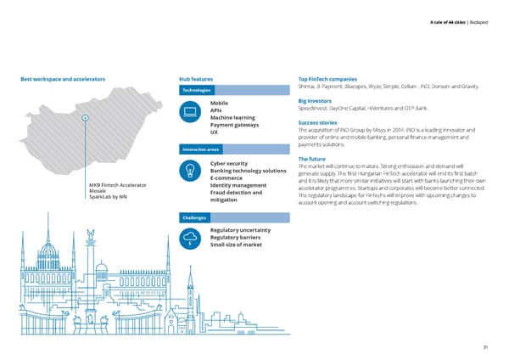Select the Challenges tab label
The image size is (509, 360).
click(x=195, y=218)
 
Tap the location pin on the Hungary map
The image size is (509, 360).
click(x=86, y=118)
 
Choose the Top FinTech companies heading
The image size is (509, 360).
click(x=332, y=80)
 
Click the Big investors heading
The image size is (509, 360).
click(x=315, y=101)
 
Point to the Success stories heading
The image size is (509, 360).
click(x=318, y=122)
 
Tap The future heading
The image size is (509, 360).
click(x=314, y=158)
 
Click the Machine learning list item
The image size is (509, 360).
click(x=232, y=118)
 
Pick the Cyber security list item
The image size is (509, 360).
click(x=228, y=163)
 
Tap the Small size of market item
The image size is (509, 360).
click(x=236, y=245)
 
